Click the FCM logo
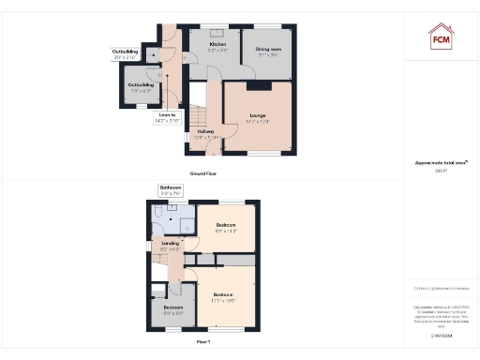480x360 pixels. [x=441, y=37]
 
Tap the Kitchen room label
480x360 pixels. [x=217, y=47]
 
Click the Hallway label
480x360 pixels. [x=204, y=134]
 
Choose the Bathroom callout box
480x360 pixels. [x=170, y=190]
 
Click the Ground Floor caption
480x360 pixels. [x=204, y=174]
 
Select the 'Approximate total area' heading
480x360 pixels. [x=441, y=163]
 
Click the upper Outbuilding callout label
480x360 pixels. [x=125, y=54]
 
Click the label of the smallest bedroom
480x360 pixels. [x=173, y=309]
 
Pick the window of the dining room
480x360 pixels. [x=268, y=27]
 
